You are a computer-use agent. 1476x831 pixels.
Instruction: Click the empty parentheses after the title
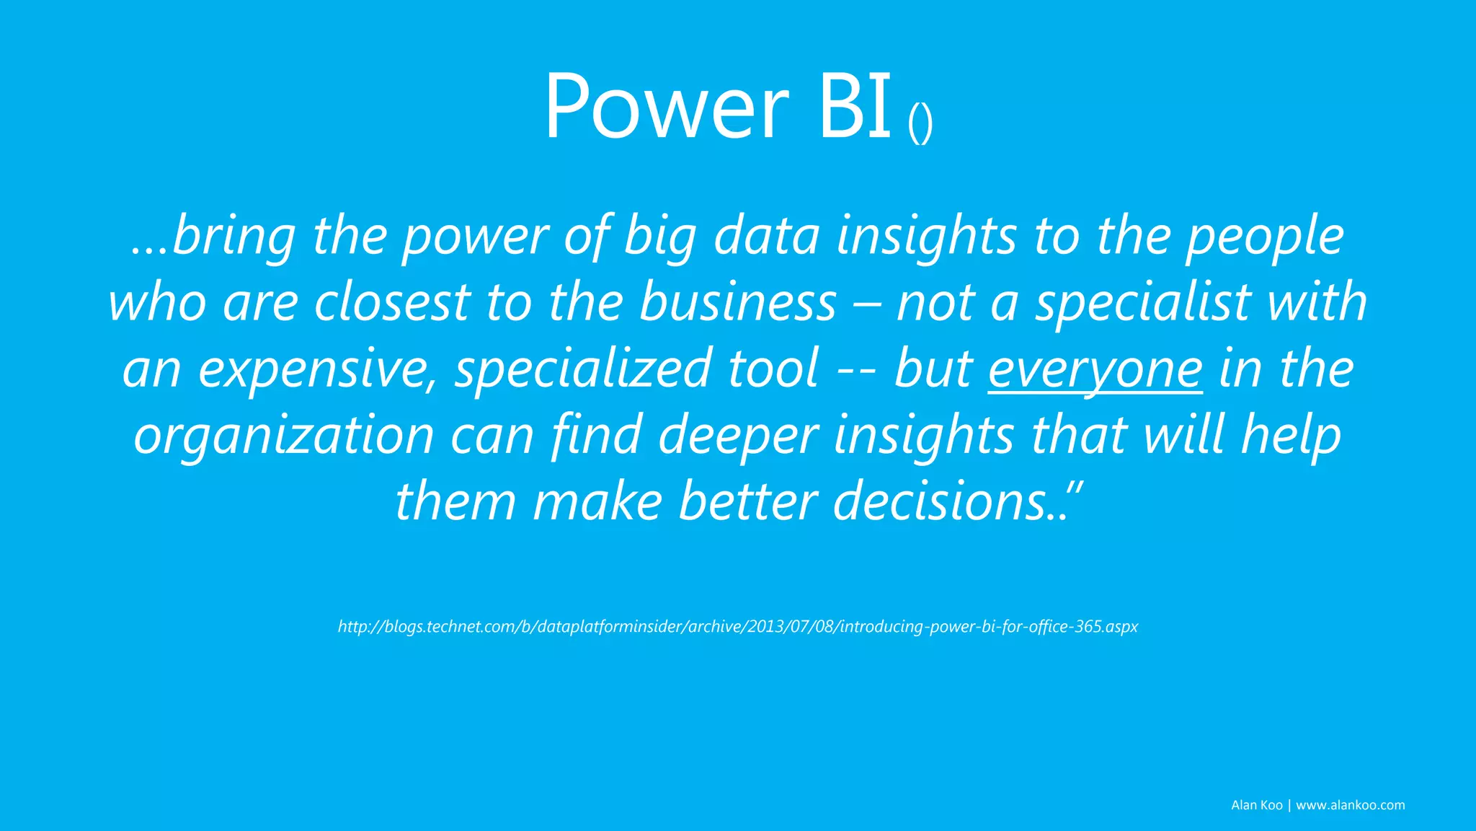point(920,124)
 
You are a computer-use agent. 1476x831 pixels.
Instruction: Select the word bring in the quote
point(234,237)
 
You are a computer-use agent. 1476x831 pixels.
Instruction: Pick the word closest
point(392,302)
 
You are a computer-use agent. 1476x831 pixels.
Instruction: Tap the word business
point(738,302)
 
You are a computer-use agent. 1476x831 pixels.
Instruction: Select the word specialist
point(1143,304)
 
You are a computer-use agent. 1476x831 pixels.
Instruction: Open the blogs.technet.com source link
point(737,626)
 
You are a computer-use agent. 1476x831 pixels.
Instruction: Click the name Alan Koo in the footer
point(1256,805)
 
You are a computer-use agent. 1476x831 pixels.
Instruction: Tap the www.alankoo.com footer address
point(1350,805)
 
